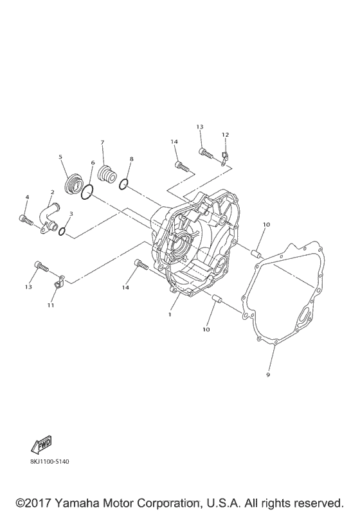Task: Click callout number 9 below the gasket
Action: coord(268,375)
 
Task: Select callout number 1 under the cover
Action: coord(170,314)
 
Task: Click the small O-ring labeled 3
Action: coord(62,231)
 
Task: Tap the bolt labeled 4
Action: coord(26,220)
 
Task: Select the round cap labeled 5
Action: coord(73,185)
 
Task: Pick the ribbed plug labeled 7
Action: coord(107,175)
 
